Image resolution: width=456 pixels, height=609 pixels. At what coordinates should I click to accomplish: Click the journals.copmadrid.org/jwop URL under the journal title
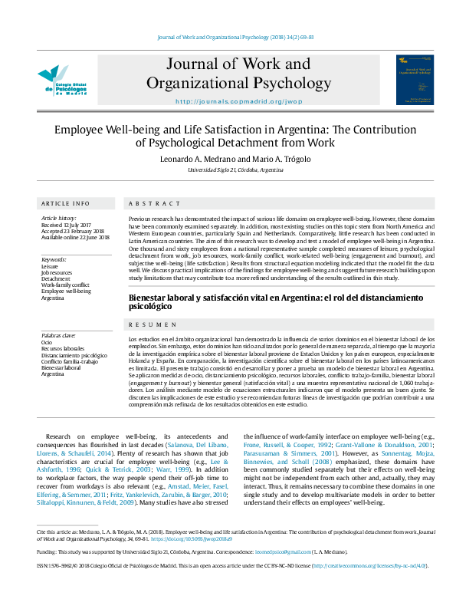pyautogui.click(x=228, y=101)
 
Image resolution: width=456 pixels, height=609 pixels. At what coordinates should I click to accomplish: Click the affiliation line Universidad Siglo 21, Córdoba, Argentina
pyautogui.click(x=227, y=170)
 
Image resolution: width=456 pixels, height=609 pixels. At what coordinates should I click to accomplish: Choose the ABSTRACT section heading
pyautogui.click(x=145, y=203)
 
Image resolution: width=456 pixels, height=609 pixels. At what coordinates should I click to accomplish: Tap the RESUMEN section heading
pyautogui.click(x=147, y=325)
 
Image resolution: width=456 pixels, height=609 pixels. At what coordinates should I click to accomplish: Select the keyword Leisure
pyautogui.click(x=49, y=266)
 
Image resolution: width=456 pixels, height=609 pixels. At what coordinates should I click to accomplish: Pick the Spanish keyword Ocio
pyautogui.click(x=47, y=343)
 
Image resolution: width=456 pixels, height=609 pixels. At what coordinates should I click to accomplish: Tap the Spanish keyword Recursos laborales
pyautogui.click(x=63, y=349)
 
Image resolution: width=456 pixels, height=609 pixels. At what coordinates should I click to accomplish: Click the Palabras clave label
pyautogui.click(x=58, y=335)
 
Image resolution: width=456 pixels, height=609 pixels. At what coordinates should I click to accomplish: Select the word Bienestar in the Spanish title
pyautogui.click(x=149, y=297)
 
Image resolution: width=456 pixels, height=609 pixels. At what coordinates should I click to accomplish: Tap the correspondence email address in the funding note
pyautogui.click(x=274, y=551)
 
